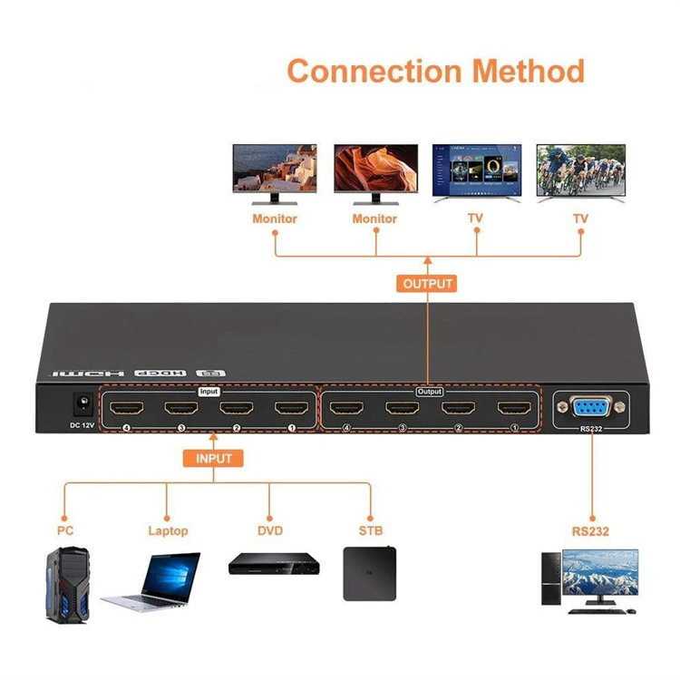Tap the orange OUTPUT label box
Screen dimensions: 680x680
click(426, 284)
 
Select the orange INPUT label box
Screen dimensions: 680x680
click(214, 459)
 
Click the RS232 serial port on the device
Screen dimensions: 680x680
click(589, 407)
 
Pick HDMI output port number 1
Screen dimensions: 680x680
click(513, 409)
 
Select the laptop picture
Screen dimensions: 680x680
click(157, 581)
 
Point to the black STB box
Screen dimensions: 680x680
click(372, 572)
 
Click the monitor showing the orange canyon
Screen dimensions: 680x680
click(374, 173)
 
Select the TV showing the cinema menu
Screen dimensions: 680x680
click(476, 173)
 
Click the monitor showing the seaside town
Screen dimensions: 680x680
click(275, 173)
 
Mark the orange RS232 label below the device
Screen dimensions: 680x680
click(590, 530)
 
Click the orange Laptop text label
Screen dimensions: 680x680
click(168, 530)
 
